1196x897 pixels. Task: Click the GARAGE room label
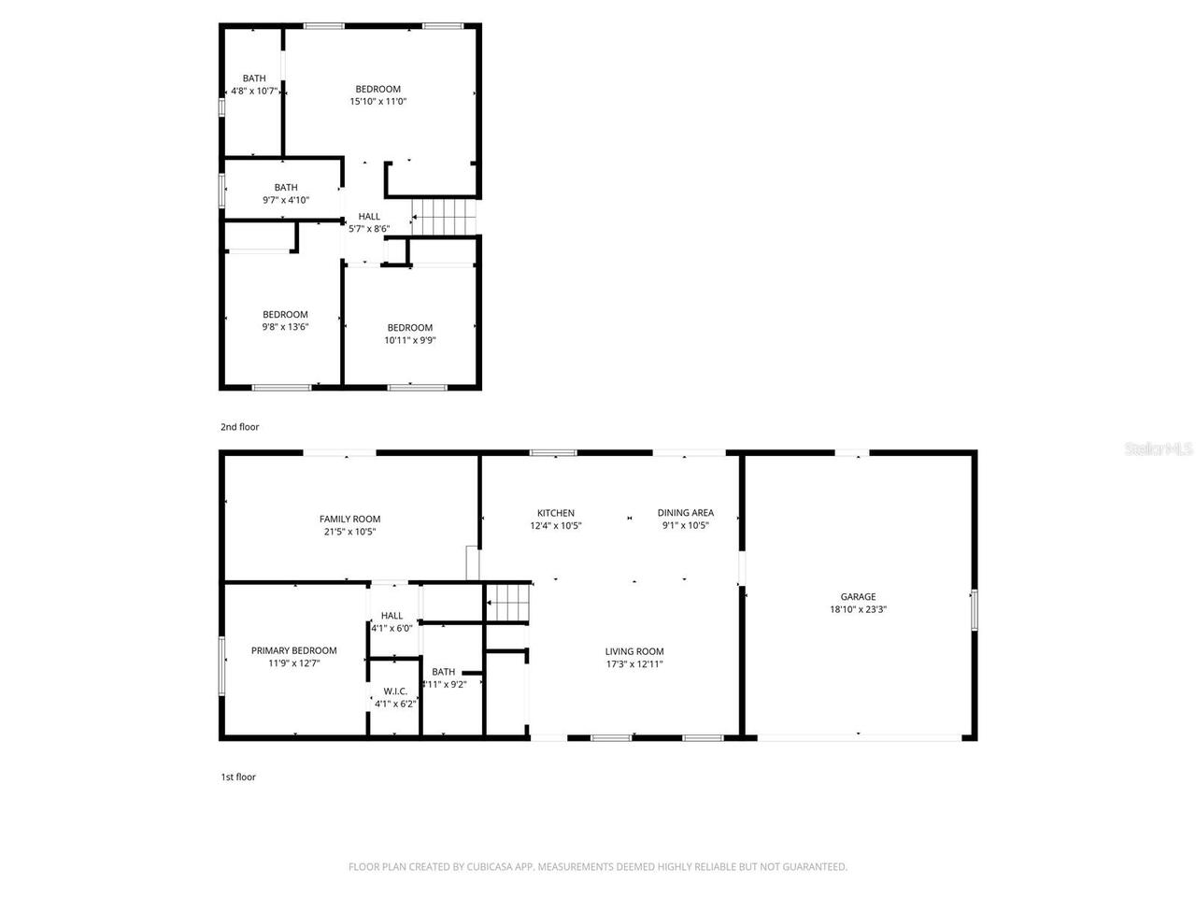tap(858, 596)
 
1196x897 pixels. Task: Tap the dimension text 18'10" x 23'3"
tap(858, 609)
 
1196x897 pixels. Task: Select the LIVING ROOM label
tap(634, 651)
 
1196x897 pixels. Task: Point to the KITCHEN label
tap(556, 513)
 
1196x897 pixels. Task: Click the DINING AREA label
tap(686, 513)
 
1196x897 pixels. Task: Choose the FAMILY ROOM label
tap(349, 520)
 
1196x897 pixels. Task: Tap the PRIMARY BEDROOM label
tap(293, 650)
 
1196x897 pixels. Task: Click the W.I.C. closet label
tap(394, 691)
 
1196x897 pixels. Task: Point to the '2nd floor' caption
tap(240, 427)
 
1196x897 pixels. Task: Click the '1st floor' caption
tap(238, 776)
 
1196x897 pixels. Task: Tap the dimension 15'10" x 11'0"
tap(377, 102)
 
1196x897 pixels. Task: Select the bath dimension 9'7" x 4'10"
tap(286, 200)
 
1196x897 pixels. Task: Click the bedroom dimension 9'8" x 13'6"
tap(285, 327)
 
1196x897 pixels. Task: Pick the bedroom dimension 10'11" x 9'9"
tap(410, 340)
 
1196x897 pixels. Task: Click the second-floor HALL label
tap(369, 216)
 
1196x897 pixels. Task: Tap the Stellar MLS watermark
tap(1159, 449)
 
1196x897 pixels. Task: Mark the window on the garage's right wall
tap(974, 609)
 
